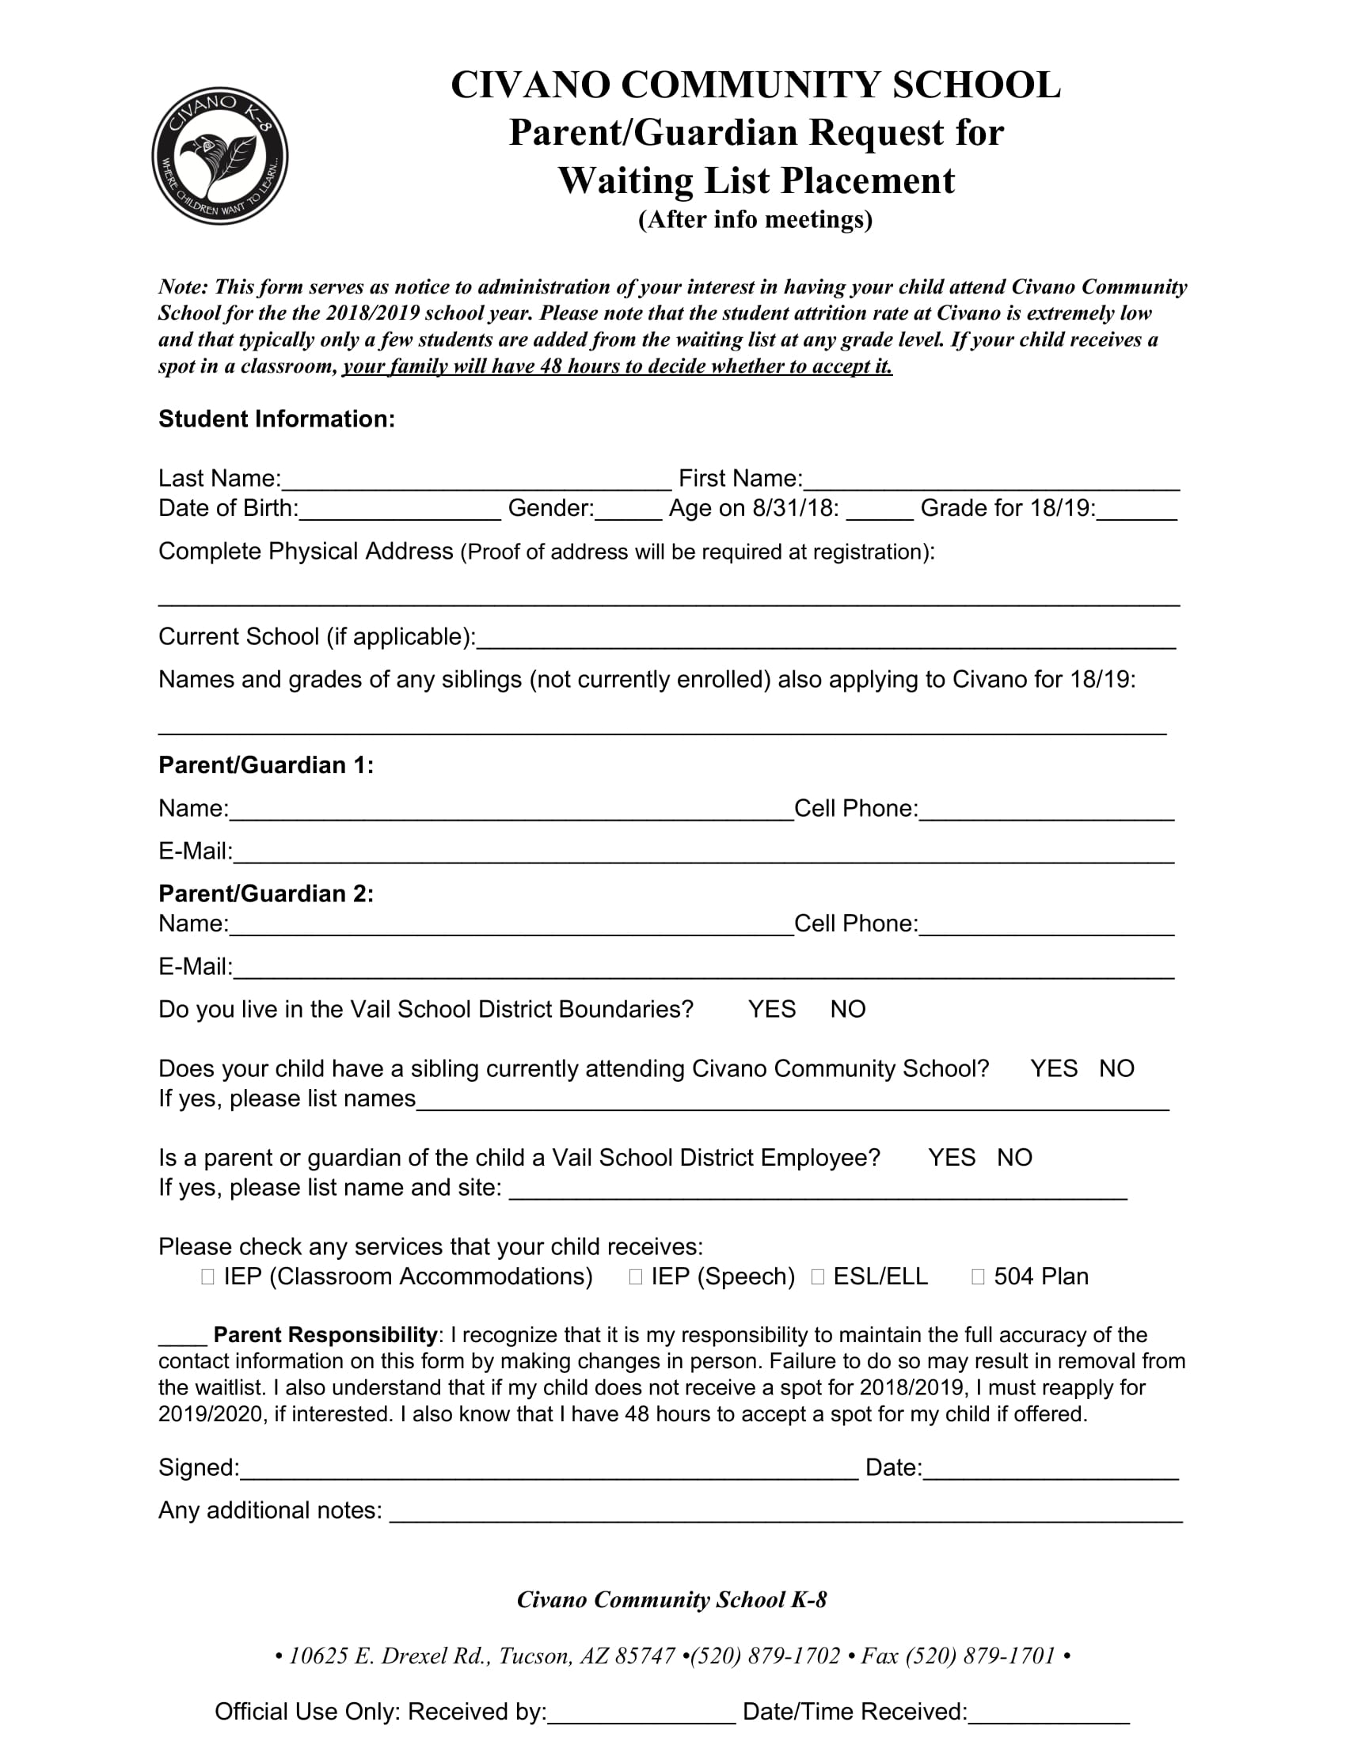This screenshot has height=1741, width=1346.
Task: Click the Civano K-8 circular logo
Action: (220, 156)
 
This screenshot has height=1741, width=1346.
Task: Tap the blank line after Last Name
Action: (477, 480)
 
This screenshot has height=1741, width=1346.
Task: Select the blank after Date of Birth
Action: (400, 510)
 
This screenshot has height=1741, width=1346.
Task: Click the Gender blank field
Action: (629, 510)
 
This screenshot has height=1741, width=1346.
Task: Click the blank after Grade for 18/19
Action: (1136, 510)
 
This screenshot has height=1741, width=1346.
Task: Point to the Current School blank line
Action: (825, 639)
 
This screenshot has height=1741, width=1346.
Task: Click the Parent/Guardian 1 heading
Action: (266, 765)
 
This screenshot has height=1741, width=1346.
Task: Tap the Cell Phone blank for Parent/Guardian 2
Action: (1046, 926)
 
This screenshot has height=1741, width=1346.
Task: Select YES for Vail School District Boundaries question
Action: (771, 1010)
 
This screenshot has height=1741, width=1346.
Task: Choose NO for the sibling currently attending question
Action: (1116, 1069)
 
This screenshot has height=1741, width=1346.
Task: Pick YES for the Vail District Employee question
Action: (951, 1158)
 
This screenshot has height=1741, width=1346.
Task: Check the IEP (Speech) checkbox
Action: (636, 1277)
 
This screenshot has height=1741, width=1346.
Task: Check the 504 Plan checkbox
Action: (978, 1277)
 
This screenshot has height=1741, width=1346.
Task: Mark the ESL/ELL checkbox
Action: (817, 1277)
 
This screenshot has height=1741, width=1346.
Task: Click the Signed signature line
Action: (549, 1470)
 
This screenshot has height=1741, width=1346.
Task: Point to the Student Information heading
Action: (276, 419)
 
